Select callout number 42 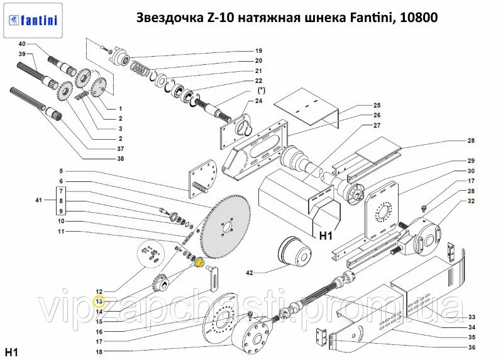pos(249,273)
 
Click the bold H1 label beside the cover pos(326,237)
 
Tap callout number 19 pos(258,50)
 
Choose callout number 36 pos(472,348)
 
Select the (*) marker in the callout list pos(260,91)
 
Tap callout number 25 pos(377,105)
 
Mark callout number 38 pos(121,159)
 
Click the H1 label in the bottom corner pos(11,350)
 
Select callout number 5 pos(62,171)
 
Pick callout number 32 pos(471,201)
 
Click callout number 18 pos(99,351)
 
